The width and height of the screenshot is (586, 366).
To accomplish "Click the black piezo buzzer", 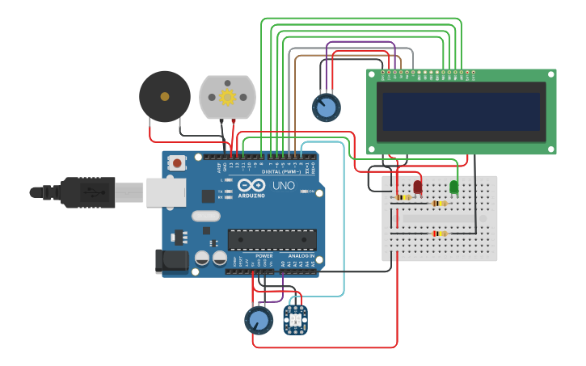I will [x=165, y=96].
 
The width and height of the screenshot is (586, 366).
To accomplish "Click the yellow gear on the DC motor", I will [x=227, y=97].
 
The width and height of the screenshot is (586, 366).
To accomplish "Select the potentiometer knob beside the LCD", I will [x=326, y=107].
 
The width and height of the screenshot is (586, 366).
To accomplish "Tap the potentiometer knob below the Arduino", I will [x=259, y=320].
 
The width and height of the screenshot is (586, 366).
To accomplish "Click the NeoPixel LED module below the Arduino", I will [x=296, y=319].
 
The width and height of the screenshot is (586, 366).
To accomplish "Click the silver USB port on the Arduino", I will [x=166, y=192].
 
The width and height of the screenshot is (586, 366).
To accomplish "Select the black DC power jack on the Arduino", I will [x=171, y=260].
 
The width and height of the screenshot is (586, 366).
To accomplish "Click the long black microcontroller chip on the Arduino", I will [x=272, y=240].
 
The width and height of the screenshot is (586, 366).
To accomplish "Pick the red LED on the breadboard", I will [x=418, y=187].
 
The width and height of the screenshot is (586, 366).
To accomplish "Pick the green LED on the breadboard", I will [x=453, y=187].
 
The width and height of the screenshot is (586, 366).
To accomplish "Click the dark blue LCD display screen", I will [x=461, y=111].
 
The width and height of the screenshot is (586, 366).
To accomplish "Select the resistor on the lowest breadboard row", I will [x=439, y=233].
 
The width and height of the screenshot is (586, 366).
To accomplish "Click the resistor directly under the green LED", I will [x=440, y=204].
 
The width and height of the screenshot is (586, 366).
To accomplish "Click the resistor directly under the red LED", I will [x=402, y=197].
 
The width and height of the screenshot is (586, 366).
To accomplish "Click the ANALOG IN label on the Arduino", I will [x=301, y=255].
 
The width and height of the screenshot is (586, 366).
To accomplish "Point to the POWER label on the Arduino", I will [x=263, y=255].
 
